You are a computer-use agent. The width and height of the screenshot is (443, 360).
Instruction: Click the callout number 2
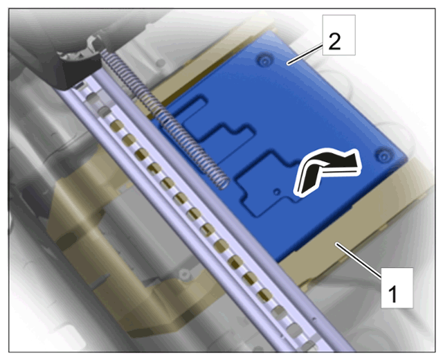click(334, 42)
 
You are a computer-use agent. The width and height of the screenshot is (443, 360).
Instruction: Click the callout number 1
click(393, 294)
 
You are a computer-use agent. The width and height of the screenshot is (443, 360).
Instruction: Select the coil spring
click(165, 118)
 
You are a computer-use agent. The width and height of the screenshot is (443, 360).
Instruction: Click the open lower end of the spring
click(224, 183)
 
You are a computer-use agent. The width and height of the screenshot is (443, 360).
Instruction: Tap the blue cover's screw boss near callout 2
click(264, 61)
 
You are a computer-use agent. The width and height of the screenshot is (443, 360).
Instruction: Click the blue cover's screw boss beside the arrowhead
click(384, 156)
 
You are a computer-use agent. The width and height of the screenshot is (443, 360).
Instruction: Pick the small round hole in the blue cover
click(277, 192)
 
